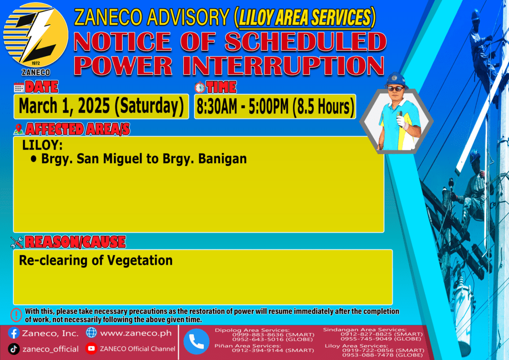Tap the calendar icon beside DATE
pos(19,88)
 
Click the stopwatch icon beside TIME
pos(200,88)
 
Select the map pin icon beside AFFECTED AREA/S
pos(19,129)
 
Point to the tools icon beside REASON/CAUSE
pos(17,242)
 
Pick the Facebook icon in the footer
pos(13,333)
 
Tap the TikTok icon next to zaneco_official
pos(13,349)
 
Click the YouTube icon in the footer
pos(91,349)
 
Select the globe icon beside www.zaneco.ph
pos(91,333)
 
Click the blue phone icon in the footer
pos(196,342)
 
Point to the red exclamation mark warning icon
pos(16,315)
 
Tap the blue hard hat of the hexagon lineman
pos(396,80)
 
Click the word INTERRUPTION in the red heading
pos(283,66)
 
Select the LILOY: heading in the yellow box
pos(42,145)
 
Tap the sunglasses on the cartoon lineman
pos(395,89)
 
